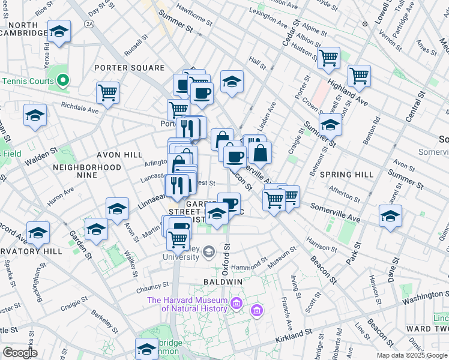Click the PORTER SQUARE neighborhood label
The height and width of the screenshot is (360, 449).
[x=129, y=68]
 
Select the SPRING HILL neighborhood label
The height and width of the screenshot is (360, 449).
[x=343, y=174]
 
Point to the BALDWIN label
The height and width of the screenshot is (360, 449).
[x=222, y=281]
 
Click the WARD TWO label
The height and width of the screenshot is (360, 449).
[x=426, y=329]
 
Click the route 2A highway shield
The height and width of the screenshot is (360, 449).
[x=90, y=23]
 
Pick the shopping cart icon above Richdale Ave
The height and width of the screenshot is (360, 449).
[x=107, y=93]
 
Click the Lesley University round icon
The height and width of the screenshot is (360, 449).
[x=208, y=252]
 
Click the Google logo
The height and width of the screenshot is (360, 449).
[x=20, y=353]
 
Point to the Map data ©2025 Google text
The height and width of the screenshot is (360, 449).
[x=412, y=355]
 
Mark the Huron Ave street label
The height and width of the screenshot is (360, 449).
[x=61, y=196]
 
